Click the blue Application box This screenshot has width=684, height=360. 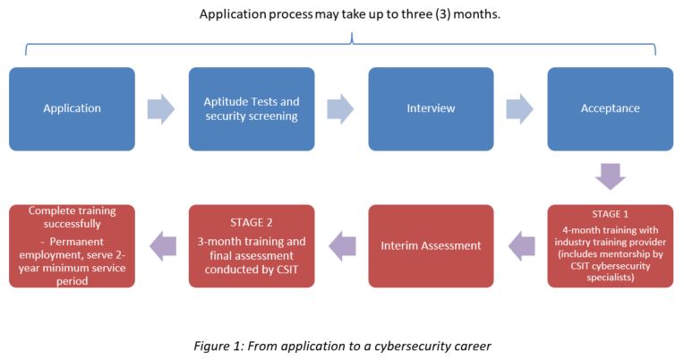pos(72,108)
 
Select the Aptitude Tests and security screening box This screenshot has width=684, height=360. pos(252,108)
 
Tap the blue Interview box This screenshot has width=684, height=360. pos(431,108)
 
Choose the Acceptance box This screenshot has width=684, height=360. pos(611,108)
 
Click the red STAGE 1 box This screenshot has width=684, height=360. pos(611,246)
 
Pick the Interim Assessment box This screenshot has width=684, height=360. pos(431,246)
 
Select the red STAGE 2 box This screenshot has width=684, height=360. pos(252,246)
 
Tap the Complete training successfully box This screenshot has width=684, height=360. pos(72,246)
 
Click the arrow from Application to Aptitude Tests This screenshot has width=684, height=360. pos(161,108)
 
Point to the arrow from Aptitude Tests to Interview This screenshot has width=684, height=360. pos(340,108)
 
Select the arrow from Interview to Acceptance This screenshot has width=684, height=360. pos(519,108)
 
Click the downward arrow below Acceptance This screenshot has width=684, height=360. pos(611,176)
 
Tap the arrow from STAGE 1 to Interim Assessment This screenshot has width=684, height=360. pos(522,246)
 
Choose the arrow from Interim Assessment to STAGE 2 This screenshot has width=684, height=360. pos(342,246)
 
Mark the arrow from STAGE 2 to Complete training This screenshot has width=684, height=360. pos(163,246)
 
